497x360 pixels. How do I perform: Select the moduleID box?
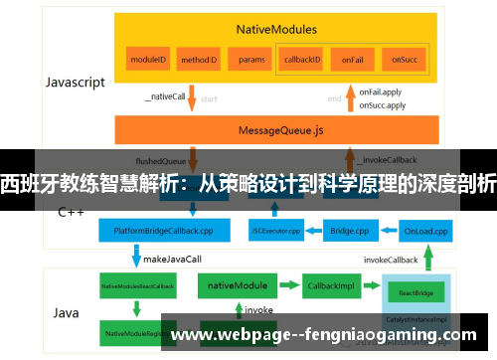(x=147, y=60)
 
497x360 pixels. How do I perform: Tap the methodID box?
(x=199, y=60)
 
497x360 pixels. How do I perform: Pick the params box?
(x=251, y=60)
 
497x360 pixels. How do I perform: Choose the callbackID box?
(x=302, y=60)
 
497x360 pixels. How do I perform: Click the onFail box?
(x=352, y=60)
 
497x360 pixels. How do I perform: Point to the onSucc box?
(x=403, y=60)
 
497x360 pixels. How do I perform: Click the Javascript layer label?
(x=75, y=83)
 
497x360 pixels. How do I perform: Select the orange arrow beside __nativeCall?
(x=191, y=98)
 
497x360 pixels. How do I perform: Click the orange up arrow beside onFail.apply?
(x=349, y=98)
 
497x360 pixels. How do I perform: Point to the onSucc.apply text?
(x=382, y=104)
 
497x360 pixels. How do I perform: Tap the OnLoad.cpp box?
(x=425, y=231)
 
